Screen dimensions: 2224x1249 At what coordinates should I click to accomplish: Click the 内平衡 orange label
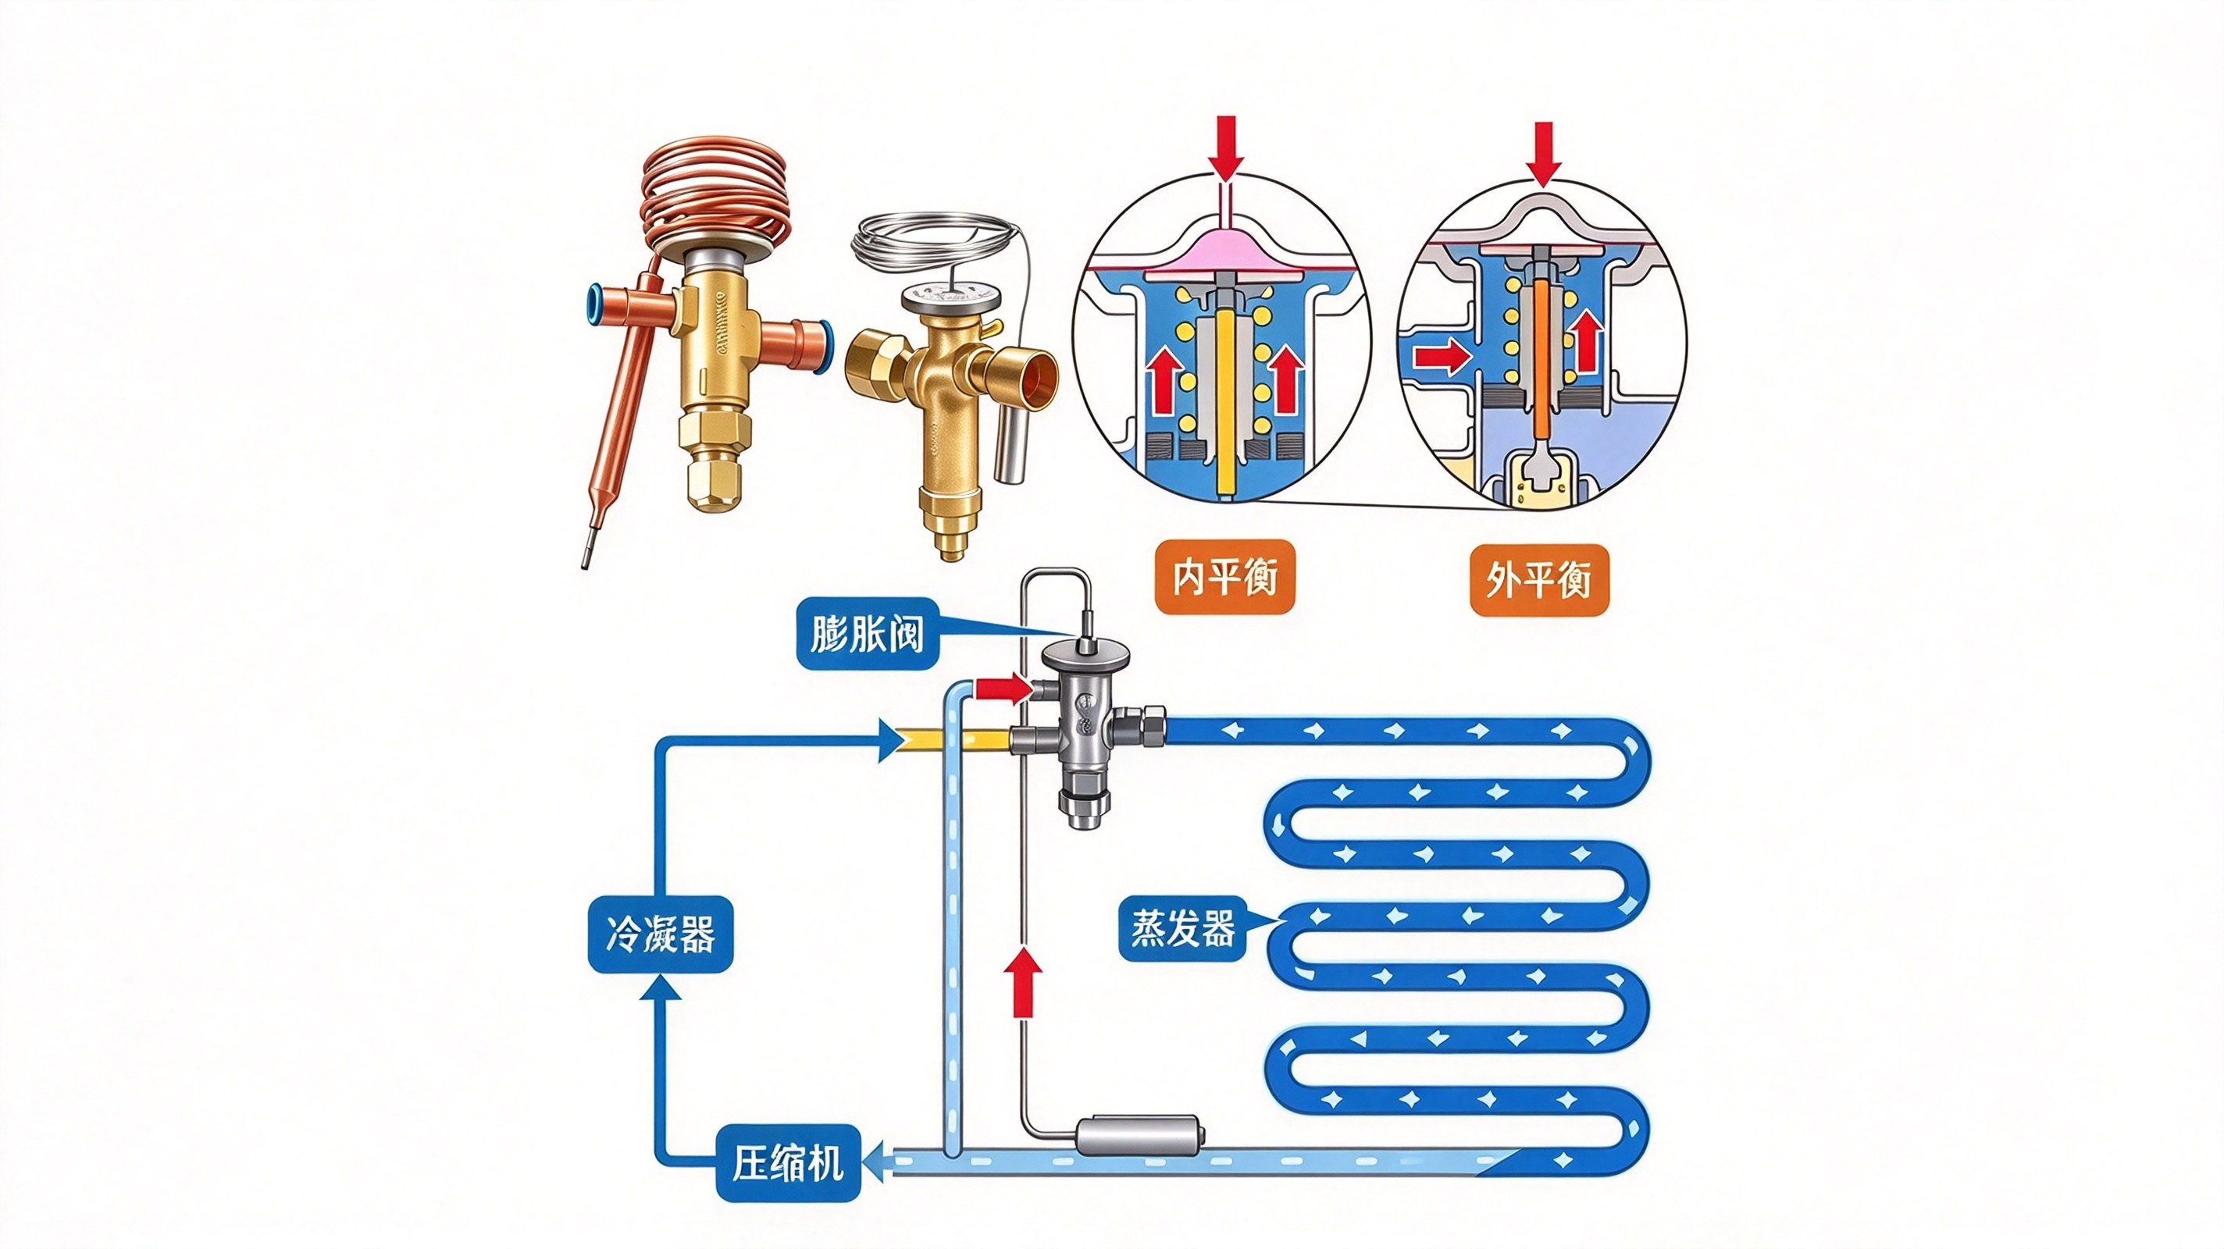[1224, 577]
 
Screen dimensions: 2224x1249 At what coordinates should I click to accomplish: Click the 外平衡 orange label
[1538, 580]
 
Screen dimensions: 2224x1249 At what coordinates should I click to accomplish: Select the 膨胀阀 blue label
[867, 634]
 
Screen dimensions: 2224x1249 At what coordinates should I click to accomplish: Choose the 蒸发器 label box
[1182, 929]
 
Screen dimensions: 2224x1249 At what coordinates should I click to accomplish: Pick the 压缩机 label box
[788, 1165]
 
